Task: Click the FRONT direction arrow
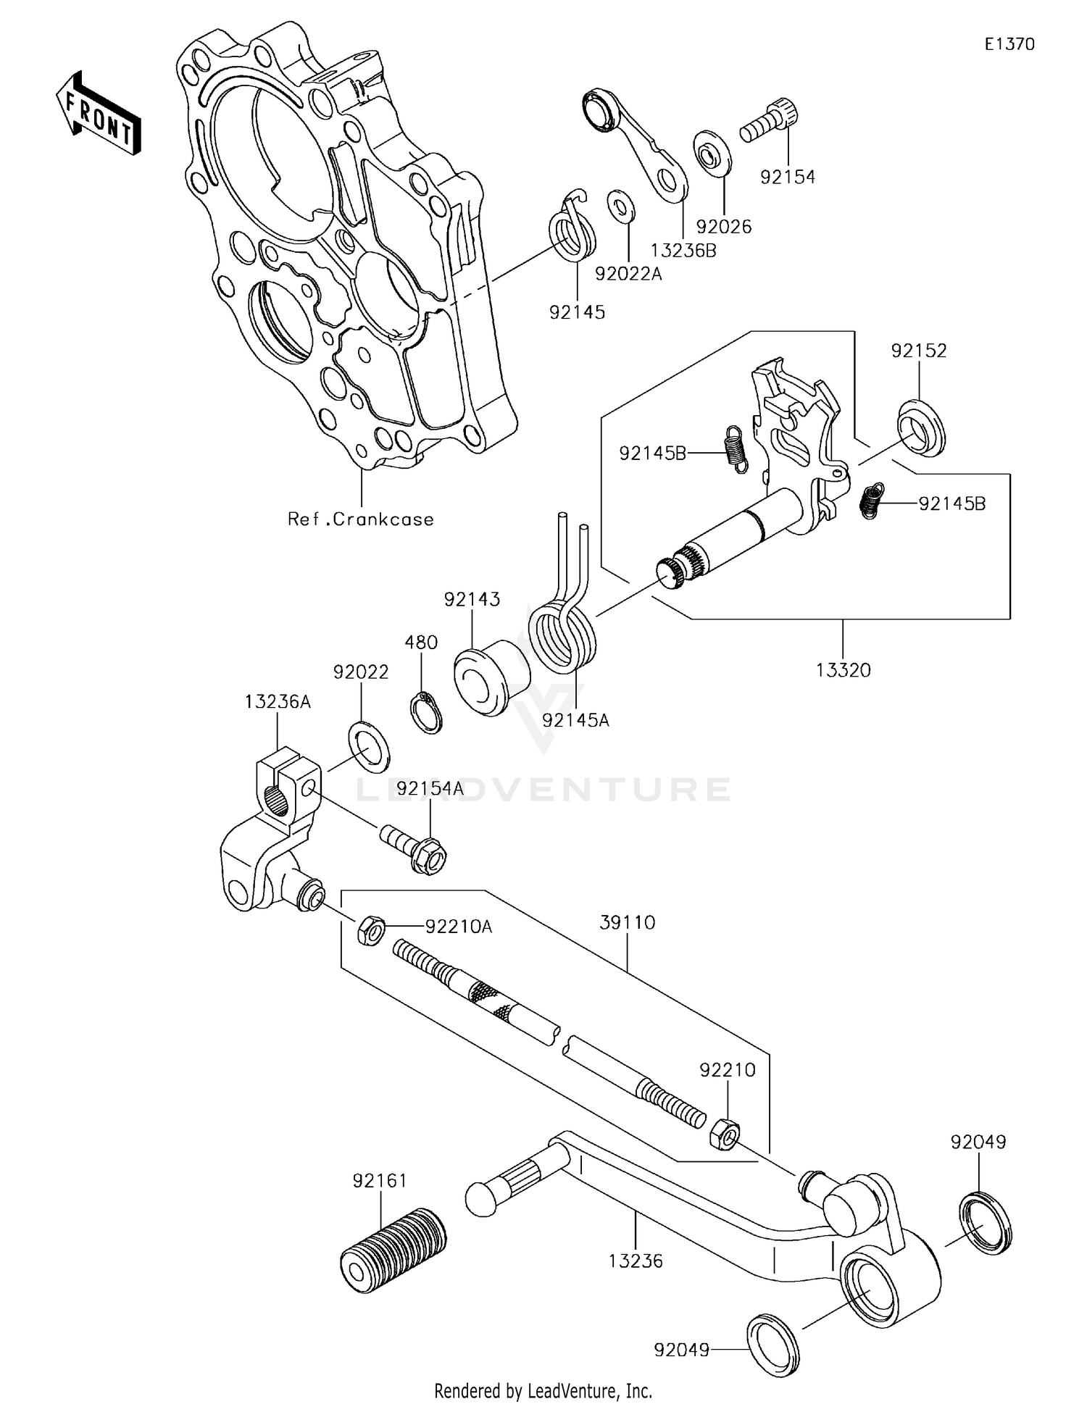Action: click(98, 114)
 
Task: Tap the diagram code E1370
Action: click(1009, 44)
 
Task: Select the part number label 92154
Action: click(787, 177)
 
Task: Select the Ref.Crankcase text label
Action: click(360, 519)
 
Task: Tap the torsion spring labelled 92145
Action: click(572, 230)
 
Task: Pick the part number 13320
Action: click(843, 670)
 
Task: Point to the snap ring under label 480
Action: click(427, 713)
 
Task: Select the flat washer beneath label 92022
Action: click(369, 747)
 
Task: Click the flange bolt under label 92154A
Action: click(414, 849)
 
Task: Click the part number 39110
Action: click(627, 923)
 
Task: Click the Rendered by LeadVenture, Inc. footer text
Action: click(543, 1390)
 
